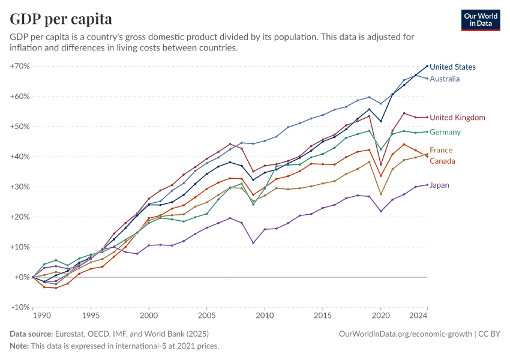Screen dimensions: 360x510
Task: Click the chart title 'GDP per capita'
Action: click(x=61, y=19)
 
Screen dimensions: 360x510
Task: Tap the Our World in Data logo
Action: click(x=480, y=20)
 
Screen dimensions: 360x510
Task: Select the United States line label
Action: click(x=452, y=67)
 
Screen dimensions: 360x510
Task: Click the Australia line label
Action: click(x=445, y=79)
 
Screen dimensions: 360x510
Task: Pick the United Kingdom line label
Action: click(x=457, y=118)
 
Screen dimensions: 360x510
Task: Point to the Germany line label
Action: click(x=445, y=132)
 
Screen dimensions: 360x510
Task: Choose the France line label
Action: click(x=441, y=150)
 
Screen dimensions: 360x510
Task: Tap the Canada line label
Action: click(x=442, y=161)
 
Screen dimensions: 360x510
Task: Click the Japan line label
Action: click(x=439, y=185)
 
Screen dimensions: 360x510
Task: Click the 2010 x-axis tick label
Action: click(x=265, y=315)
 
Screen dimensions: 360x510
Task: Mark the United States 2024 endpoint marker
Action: click(x=427, y=66)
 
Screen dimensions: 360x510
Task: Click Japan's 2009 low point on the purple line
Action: click(x=253, y=243)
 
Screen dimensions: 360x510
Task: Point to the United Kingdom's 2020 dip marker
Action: click(x=381, y=164)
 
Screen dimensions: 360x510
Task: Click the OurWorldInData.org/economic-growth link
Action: click(x=406, y=334)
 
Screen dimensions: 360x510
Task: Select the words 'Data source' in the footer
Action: click(x=30, y=334)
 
